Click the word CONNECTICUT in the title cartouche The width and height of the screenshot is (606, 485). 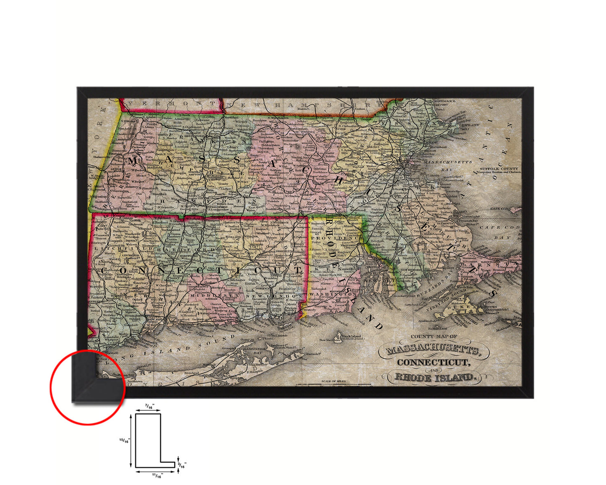432,362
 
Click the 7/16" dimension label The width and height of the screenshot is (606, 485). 149,406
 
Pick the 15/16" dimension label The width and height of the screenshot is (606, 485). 125,441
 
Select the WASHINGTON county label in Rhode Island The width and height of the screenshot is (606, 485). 331,295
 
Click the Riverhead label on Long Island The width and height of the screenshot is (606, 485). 191,373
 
